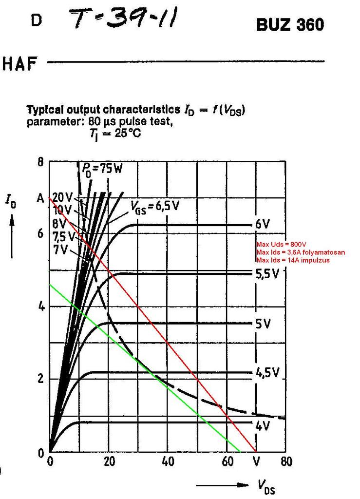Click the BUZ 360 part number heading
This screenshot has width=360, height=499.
[289, 25]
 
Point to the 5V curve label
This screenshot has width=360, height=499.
[262, 324]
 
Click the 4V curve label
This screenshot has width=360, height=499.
[262, 425]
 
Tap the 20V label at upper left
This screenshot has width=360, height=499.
[62, 198]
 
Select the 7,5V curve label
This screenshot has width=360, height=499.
[64, 237]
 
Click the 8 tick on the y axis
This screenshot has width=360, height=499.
[40, 163]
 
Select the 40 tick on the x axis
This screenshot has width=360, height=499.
[168, 461]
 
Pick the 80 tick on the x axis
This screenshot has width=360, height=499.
[286, 461]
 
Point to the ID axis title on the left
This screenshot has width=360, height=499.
[11, 200]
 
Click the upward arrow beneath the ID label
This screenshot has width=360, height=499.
[12, 236]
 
